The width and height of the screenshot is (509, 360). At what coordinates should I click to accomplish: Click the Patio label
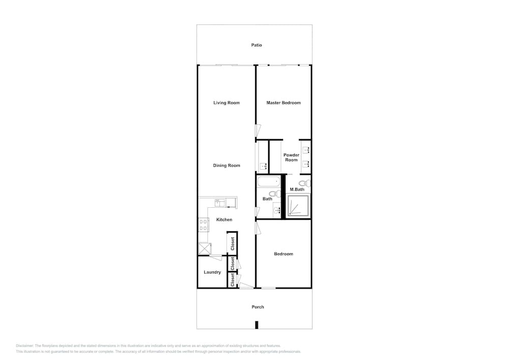point(257,45)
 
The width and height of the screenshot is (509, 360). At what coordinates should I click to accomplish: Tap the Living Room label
point(227,103)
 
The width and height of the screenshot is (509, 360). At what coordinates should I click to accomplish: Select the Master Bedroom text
point(284,103)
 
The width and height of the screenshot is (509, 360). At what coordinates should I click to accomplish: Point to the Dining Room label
point(227,165)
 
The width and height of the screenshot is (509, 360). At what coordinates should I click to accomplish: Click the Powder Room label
point(291,157)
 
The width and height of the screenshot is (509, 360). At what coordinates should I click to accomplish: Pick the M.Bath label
point(297,189)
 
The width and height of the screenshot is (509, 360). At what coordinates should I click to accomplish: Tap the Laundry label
point(212,272)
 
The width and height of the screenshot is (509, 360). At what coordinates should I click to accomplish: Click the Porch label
point(258,307)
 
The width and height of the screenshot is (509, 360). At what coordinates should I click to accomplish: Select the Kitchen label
point(224,220)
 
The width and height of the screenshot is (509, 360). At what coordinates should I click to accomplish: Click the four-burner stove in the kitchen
point(203,225)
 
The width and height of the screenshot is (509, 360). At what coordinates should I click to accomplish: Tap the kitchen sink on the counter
point(220,203)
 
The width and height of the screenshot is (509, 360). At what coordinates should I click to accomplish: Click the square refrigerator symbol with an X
point(205,249)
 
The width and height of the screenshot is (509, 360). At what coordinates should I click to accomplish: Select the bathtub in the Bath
point(268,181)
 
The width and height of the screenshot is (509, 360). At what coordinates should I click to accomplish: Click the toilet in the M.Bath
point(305,184)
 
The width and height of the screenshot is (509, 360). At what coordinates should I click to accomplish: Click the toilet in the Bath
point(275,194)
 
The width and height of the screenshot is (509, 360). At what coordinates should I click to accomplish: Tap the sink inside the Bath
point(277,210)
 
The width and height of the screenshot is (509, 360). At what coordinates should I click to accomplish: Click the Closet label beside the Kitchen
point(233,244)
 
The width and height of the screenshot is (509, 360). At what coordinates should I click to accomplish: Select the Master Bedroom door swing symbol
point(258,130)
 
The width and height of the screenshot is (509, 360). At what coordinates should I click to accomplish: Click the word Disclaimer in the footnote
point(24,346)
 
